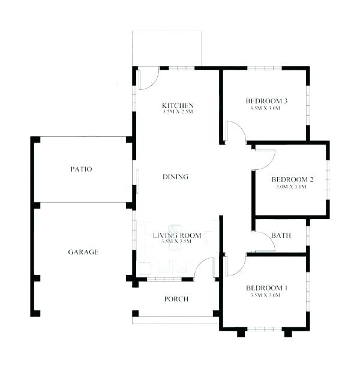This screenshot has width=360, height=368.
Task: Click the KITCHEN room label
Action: coord(177,105)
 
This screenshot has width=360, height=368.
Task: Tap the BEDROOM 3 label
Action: coord(266,101)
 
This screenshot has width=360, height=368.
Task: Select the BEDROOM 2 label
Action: coord(292,179)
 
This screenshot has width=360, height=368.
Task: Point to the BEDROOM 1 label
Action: coord(266,289)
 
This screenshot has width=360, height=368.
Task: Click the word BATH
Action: coord(281,235)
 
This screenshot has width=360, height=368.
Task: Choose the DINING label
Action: coord(176,176)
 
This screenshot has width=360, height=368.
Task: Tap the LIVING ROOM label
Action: coord(176,235)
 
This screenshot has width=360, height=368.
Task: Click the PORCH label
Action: coord(176,299)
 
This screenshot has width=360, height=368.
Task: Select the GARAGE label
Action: coord(83,252)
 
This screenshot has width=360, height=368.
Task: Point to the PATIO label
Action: coord(81,169)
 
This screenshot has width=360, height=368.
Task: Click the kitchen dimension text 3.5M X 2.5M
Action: coord(177,112)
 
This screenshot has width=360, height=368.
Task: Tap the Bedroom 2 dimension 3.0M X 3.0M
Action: coord(292,187)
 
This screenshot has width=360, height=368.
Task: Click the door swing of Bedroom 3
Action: coord(235,132)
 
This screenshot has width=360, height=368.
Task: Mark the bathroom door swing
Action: coord(264,241)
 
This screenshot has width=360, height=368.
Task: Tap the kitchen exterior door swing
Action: coord(148,78)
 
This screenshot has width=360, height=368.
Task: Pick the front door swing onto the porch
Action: coord(205,268)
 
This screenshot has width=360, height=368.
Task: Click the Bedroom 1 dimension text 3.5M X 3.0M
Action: coord(266,295)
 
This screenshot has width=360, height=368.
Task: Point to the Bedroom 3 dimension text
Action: coord(266,108)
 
